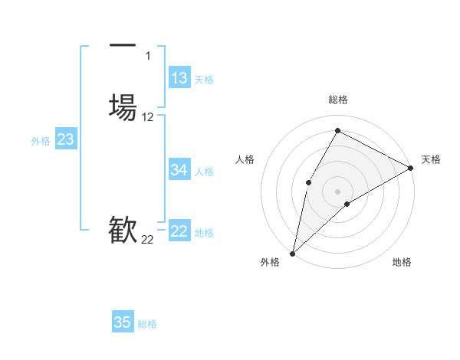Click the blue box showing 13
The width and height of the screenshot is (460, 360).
(179, 78)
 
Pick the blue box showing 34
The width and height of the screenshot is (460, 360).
(179, 170)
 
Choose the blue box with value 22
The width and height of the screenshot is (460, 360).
(179, 232)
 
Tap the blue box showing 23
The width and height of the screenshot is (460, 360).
(65, 139)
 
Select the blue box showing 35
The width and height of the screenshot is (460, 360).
(123, 322)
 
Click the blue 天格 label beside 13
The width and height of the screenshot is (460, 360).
(204, 80)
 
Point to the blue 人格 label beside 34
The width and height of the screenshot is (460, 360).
(204, 172)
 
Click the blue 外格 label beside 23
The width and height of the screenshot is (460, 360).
(41, 141)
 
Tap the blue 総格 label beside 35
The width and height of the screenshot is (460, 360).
(147, 324)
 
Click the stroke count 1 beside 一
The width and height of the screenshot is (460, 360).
(148, 55)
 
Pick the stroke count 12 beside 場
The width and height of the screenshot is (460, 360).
(148, 117)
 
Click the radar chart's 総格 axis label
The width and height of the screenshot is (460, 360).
(337, 100)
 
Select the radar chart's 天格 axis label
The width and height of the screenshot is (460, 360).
(431, 159)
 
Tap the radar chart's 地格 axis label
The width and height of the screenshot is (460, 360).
(402, 263)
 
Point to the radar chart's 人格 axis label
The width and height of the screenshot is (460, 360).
(245, 159)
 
